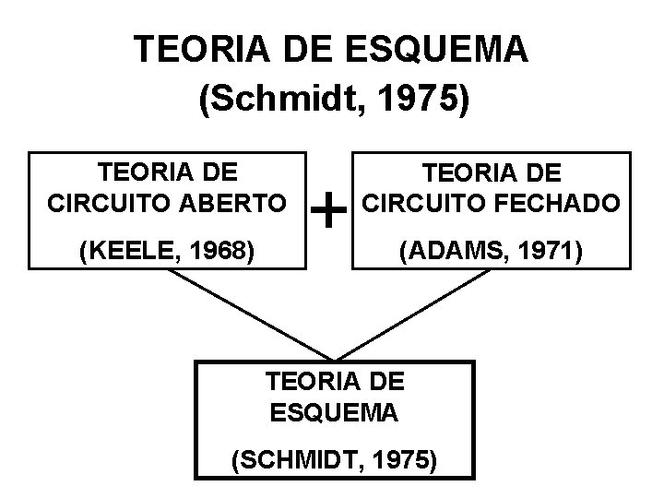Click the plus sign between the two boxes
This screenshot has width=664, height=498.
(x=329, y=213)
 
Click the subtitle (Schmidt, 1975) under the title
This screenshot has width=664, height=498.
(x=334, y=99)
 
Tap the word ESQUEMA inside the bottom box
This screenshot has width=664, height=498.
(x=334, y=412)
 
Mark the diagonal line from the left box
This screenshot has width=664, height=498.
(x=249, y=314)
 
